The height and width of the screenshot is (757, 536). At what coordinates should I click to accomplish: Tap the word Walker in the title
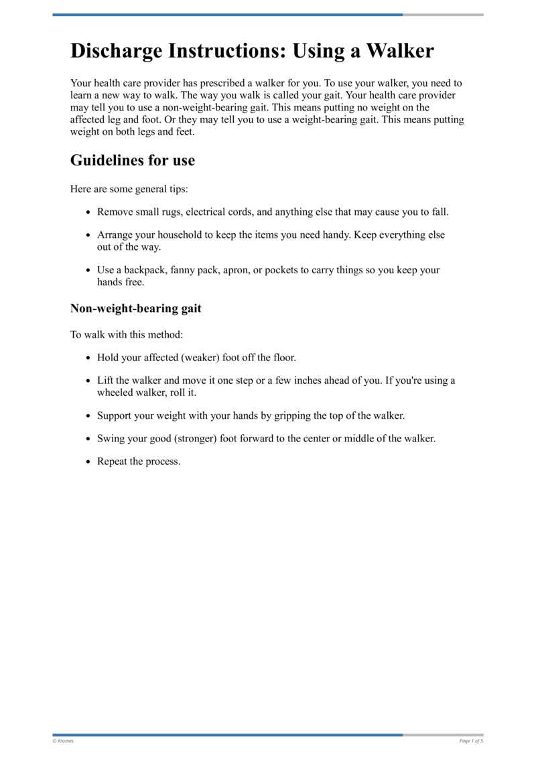[x=399, y=52]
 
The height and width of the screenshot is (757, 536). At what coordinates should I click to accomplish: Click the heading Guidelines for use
[x=133, y=161]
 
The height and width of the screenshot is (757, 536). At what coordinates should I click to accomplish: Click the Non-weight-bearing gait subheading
[x=136, y=309]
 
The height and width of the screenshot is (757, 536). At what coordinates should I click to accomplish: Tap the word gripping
[x=292, y=415]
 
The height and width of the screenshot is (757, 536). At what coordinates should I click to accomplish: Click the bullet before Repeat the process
[x=88, y=462]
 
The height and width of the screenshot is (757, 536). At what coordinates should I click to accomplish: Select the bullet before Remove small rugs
[x=88, y=212]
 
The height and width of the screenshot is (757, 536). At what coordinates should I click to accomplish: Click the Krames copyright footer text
[x=64, y=741]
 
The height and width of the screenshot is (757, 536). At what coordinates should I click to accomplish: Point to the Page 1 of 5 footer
[x=471, y=741]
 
